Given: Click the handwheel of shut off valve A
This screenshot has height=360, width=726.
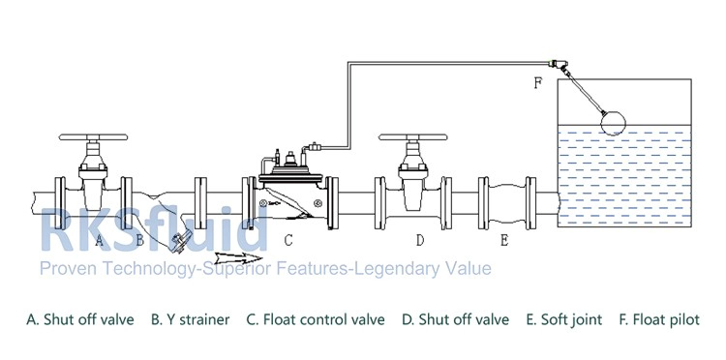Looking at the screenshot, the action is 93,137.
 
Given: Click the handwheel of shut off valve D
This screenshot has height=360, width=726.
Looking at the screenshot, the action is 413,137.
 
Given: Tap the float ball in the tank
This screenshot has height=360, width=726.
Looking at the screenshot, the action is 613,123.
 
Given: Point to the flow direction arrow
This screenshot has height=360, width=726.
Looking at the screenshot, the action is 238,257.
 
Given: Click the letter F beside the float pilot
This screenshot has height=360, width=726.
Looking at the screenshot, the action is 537,83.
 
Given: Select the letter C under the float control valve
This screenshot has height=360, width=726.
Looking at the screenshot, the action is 288,240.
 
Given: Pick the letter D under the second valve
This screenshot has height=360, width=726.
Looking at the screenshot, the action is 420,240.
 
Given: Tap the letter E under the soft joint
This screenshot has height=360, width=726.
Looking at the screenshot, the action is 504,240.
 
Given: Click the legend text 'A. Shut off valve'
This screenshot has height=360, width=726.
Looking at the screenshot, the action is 80,319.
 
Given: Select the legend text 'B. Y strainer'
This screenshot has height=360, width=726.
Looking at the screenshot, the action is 191,319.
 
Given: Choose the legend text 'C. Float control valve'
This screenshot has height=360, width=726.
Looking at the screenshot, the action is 316,319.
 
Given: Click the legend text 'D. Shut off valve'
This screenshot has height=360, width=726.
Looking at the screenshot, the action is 455,319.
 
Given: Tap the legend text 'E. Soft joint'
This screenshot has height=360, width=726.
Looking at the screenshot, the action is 564,319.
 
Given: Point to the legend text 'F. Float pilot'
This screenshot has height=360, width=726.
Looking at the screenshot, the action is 659,319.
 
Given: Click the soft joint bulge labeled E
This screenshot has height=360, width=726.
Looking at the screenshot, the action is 507,203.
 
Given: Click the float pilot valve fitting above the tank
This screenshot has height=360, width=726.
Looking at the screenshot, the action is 557,65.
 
